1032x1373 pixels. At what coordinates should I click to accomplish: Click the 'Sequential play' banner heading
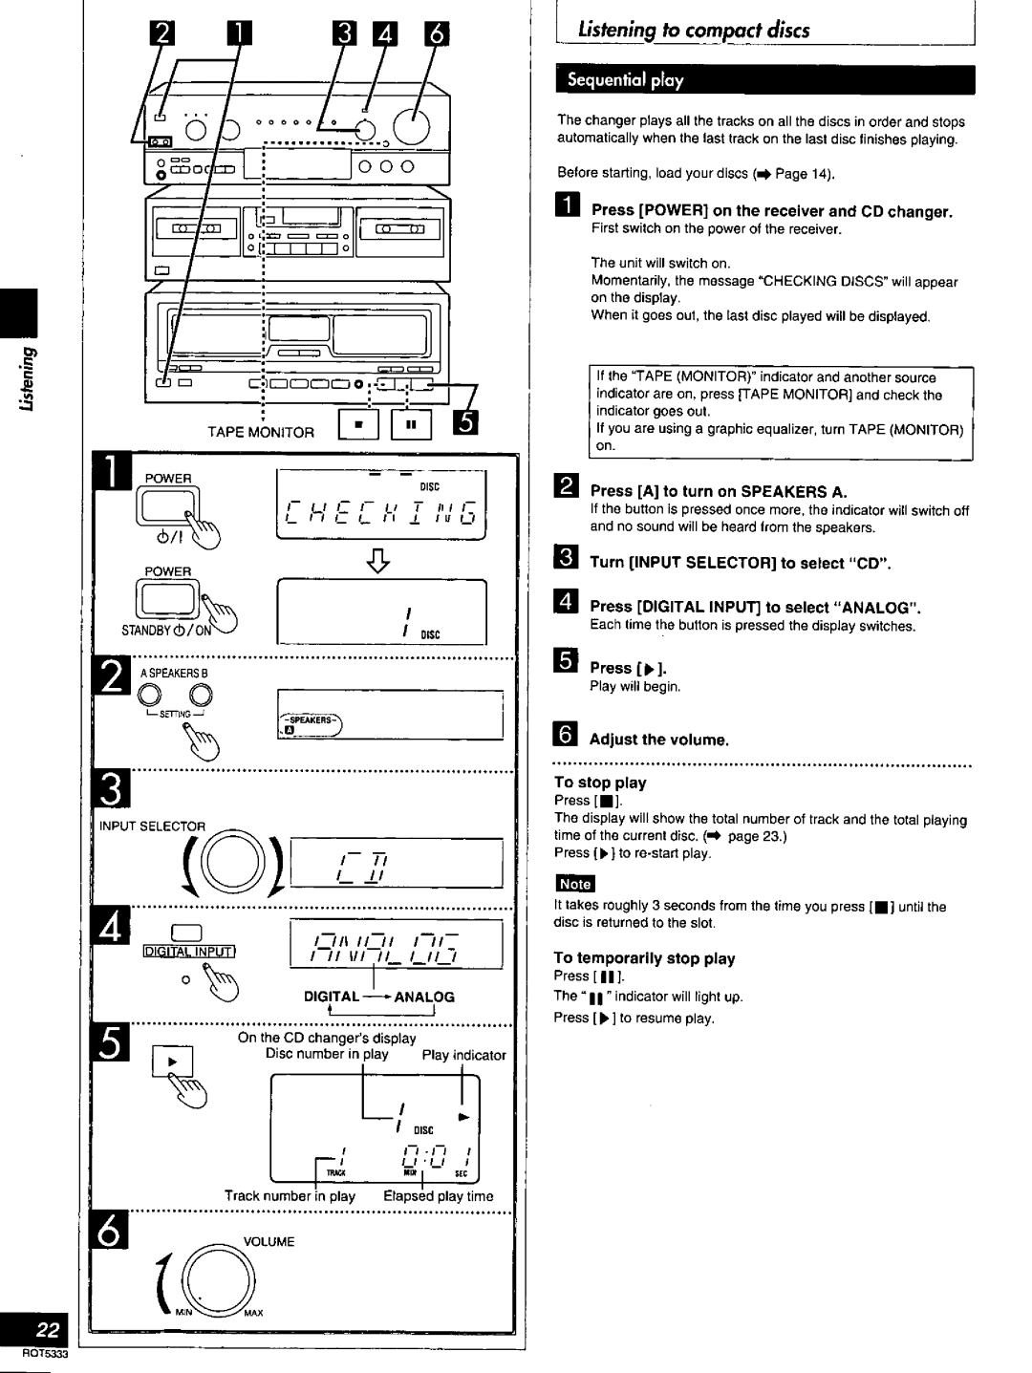(626, 80)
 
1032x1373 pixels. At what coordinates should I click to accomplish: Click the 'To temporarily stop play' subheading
(645, 958)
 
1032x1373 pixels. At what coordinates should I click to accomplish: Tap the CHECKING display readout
(381, 519)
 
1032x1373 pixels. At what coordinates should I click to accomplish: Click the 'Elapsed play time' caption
(439, 1196)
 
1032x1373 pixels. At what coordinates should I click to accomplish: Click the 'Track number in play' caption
(290, 1196)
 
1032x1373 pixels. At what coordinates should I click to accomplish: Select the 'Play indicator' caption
(463, 1055)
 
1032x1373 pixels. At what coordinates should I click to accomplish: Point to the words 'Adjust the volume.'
(659, 740)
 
